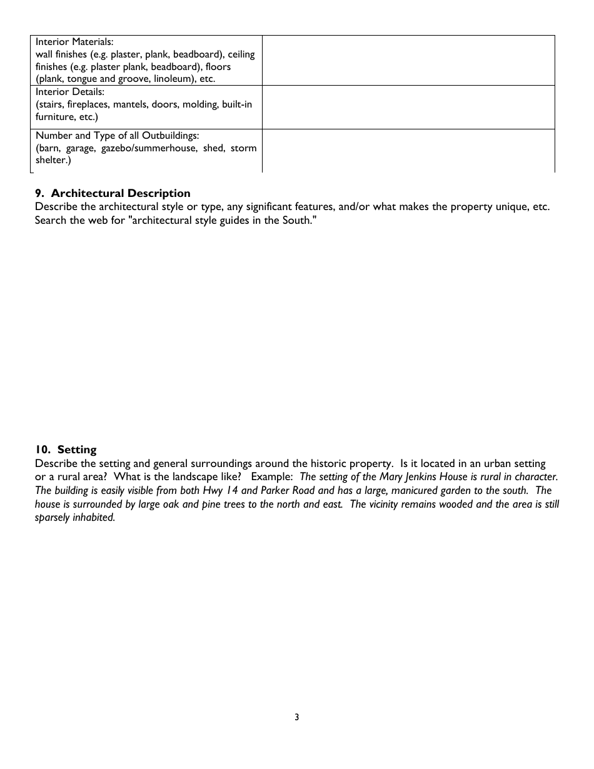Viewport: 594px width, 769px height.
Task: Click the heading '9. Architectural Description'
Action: tap(113, 193)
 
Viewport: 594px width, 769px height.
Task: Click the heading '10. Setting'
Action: tap(66, 450)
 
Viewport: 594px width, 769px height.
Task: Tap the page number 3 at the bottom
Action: tap(297, 717)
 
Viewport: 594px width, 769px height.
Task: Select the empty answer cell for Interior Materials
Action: tap(408, 60)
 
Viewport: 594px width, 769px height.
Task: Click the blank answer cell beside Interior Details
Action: tap(408, 107)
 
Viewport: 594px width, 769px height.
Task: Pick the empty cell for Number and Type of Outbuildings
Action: tap(408, 150)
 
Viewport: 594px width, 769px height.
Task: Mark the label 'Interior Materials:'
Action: tap(74, 42)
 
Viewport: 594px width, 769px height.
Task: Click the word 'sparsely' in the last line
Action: tap(53, 518)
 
